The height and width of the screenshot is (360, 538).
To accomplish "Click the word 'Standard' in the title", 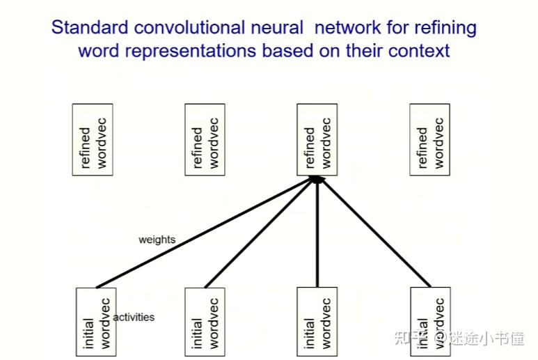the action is pos(90,27).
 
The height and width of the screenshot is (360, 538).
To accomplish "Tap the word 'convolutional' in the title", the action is pos(190,27).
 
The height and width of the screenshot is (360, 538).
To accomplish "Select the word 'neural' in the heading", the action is pos(277,27).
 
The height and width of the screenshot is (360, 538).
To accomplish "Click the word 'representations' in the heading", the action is pos(191,52).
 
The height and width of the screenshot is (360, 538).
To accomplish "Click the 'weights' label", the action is pos(157,240).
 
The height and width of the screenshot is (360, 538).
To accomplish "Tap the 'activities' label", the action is pos(134,317).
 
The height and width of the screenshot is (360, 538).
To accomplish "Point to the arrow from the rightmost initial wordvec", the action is pos(374,233).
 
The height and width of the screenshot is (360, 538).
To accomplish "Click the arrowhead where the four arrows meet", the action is pos(317,179).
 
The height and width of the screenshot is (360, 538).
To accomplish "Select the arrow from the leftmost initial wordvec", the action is pos(206,233).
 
